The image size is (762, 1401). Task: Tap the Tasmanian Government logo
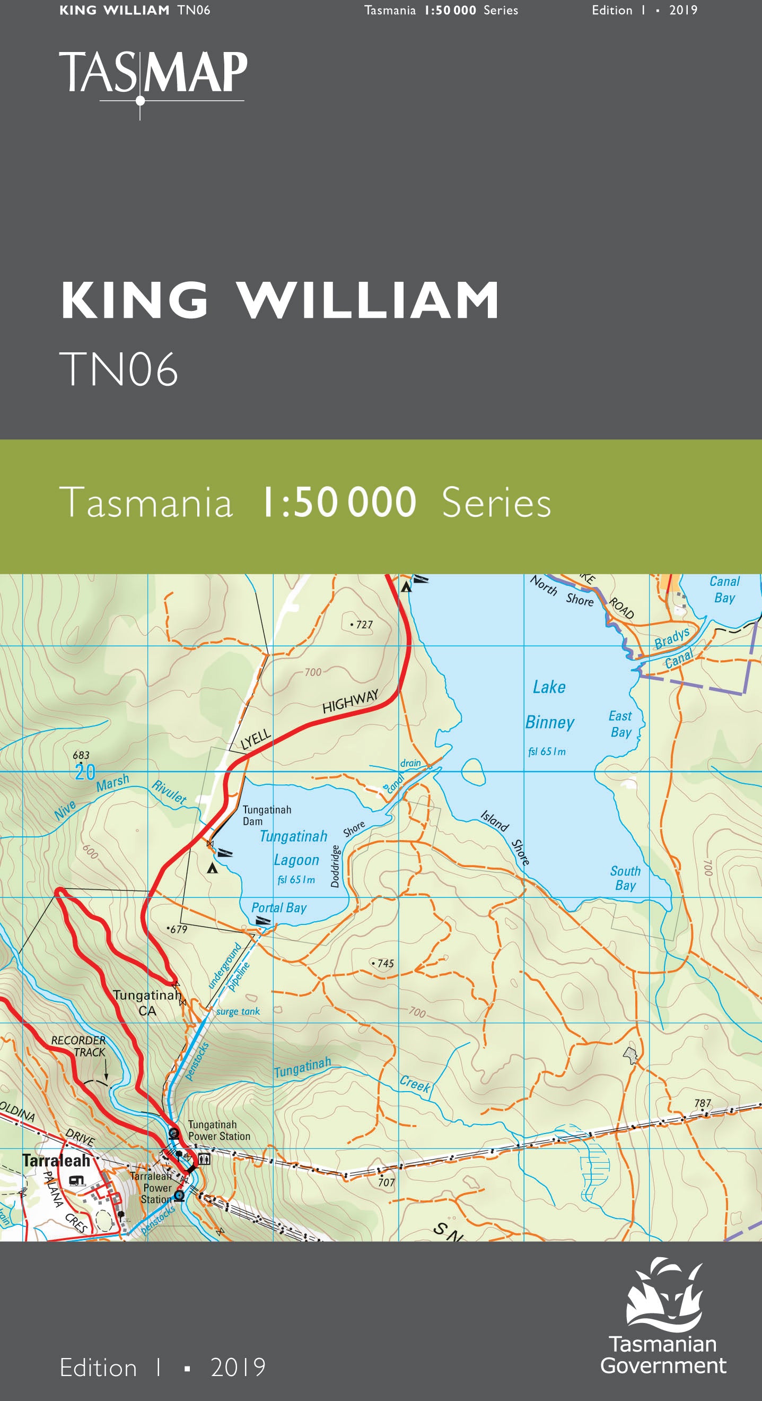pyautogui.click(x=663, y=1316)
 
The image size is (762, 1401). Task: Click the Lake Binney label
pyautogui.click(x=549, y=705)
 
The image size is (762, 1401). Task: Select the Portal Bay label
pyautogui.click(x=279, y=907)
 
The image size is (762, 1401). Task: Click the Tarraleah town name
pyautogui.click(x=56, y=1161)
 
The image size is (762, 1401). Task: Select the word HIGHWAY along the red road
pyautogui.click(x=350, y=702)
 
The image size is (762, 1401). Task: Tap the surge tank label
pyautogui.click(x=238, y=1011)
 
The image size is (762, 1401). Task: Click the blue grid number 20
pyautogui.click(x=85, y=772)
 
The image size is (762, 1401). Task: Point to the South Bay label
pyautogui.click(x=625, y=878)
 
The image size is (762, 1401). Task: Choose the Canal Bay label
pyautogui.click(x=724, y=590)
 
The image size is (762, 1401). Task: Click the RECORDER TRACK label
pyautogui.click(x=80, y=1046)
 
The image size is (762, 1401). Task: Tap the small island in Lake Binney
pyautogui.click(x=473, y=771)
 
